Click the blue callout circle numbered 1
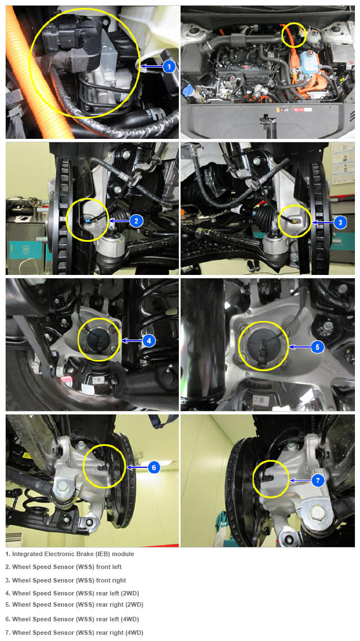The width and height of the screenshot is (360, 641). click(x=169, y=66)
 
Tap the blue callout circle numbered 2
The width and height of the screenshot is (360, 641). click(x=136, y=221)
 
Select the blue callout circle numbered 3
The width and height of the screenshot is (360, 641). click(x=340, y=223)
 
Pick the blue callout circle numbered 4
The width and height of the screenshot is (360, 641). click(x=149, y=340)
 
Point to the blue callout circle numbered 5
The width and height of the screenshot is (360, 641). click(x=317, y=347)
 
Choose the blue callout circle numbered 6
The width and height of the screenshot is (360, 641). click(x=154, y=467)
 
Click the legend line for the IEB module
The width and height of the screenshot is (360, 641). click(x=70, y=554)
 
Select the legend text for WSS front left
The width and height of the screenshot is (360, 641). click(x=64, y=567)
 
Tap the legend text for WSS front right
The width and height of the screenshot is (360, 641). click(x=66, y=580)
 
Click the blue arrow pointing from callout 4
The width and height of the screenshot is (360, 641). click(x=132, y=340)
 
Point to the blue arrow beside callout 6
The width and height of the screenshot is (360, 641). click(x=137, y=467)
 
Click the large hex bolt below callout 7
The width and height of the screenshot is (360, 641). click(x=317, y=511)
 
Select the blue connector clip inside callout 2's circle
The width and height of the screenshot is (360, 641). click(x=88, y=220)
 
